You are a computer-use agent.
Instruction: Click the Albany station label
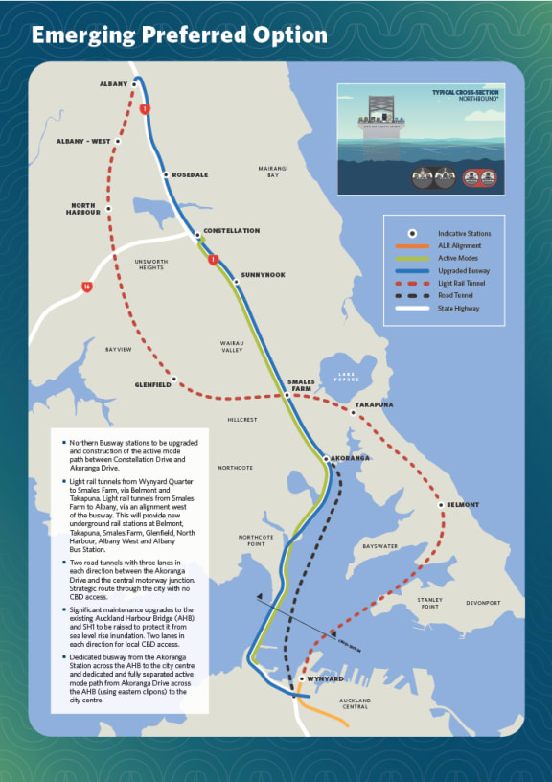[113, 84]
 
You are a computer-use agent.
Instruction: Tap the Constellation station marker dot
[198, 235]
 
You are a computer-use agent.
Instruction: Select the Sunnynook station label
[264, 275]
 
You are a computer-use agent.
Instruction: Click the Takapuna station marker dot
[353, 413]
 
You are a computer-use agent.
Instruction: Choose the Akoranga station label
[350, 458]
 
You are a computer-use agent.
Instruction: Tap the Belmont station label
[462, 503]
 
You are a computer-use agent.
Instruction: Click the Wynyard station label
[325, 678]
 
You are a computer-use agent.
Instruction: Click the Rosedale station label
[190, 175]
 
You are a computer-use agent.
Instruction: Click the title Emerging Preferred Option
[180, 35]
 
